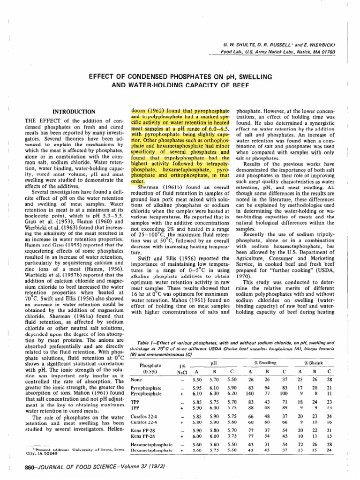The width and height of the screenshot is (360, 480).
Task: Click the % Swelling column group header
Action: [x=265, y=350]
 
